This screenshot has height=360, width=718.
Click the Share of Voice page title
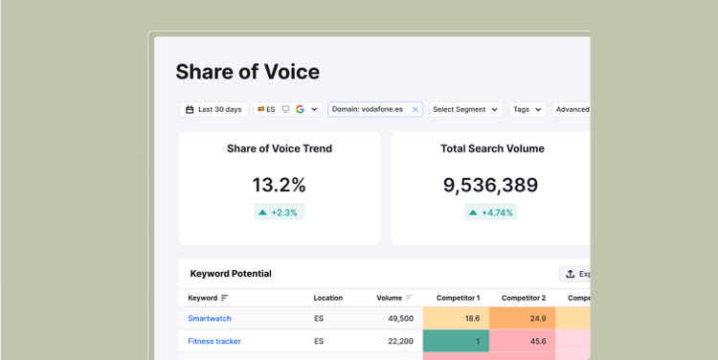point(248,72)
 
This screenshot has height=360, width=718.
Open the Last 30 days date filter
point(213,109)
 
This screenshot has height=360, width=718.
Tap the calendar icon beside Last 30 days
point(190,109)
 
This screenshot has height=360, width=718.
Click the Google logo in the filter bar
point(300,109)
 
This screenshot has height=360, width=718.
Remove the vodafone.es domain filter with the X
point(415,109)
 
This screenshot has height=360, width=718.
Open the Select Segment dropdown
point(465,109)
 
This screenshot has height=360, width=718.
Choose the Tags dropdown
point(527,109)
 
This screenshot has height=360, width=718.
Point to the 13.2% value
point(280,185)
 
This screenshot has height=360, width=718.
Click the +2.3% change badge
point(280,212)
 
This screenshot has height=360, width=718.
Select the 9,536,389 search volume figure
point(490,185)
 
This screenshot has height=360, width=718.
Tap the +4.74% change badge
point(491,212)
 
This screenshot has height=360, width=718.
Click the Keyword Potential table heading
point(231,274)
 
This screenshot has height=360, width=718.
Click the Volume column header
point(390,298)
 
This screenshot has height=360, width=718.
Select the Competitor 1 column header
point(458,298)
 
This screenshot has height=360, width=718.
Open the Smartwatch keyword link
point(210,318)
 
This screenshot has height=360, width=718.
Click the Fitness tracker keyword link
point(214,341)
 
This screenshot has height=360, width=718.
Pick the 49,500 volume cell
point(401,318)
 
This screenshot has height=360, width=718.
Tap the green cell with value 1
point(456,341)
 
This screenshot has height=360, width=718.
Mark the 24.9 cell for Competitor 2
point(523,318)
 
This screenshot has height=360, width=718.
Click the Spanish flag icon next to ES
point(260,109)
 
